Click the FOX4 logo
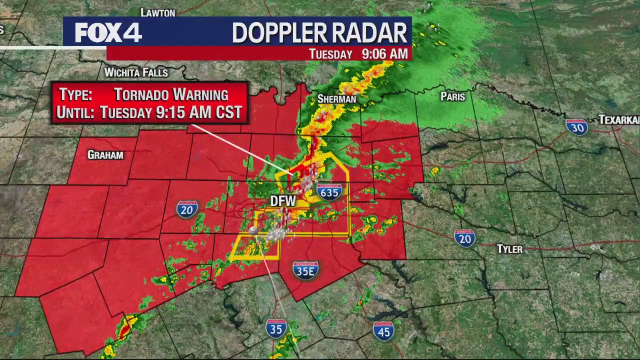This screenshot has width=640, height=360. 108,33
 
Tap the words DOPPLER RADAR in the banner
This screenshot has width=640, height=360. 319,33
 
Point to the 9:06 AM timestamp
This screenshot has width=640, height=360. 384,54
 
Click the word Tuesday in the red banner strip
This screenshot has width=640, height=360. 330,54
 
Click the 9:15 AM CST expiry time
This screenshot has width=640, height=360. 199,112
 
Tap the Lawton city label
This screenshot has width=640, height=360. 158,12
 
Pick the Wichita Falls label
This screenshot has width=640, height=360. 136,72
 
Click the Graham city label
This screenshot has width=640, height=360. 105,155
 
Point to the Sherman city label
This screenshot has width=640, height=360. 337,99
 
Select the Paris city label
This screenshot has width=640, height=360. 453,96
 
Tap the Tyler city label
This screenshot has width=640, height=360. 509,249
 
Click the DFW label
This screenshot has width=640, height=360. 283,201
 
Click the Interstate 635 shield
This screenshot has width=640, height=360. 329,191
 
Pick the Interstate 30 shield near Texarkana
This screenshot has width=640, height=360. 576,127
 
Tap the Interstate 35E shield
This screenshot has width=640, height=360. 305,270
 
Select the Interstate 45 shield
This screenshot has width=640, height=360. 383,331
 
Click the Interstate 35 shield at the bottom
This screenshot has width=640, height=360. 276,328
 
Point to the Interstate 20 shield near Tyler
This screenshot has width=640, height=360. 465,238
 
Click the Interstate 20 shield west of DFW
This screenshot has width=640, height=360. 187,209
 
